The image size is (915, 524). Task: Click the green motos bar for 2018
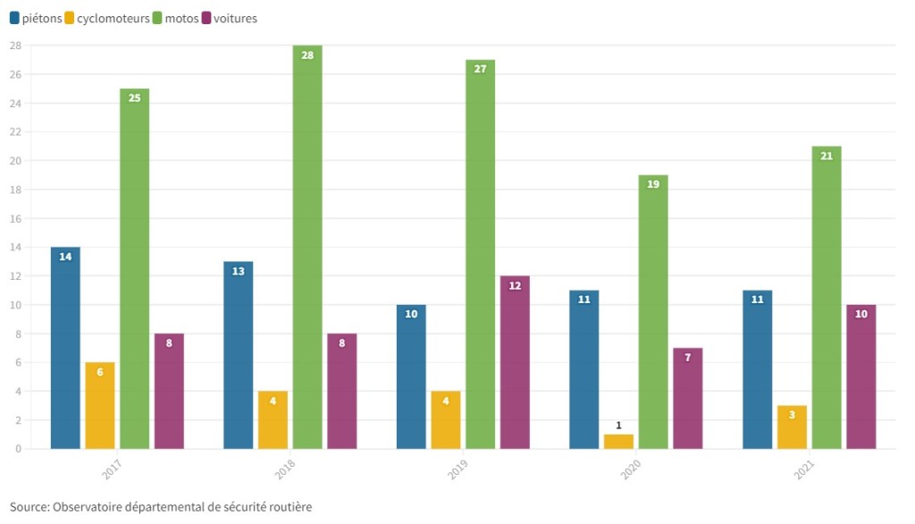pos(307,247)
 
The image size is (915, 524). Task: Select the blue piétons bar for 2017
pos(65,348)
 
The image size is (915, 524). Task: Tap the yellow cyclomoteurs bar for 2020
pos(618,442)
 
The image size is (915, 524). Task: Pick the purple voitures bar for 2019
pos(515,362)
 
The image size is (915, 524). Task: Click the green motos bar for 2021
pos(827,298)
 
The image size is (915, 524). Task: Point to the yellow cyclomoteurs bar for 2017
pos(100,405)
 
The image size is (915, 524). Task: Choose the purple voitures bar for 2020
pos(688,398)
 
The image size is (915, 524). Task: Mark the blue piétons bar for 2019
pos(411,376)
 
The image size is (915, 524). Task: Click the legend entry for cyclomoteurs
pos(113,18)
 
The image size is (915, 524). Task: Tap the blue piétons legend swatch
pos(14,18)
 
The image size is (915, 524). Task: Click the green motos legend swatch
pos(158,18)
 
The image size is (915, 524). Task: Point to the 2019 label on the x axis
pos(458,470)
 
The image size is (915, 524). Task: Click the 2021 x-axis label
pos(805,470)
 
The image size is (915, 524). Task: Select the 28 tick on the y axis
pos(15,46)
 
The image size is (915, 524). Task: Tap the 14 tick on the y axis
pos(15,247)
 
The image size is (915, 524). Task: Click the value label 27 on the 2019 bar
pos(480,69)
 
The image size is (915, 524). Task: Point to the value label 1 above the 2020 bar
pos(618,426)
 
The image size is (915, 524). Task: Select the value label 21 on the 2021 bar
pos(827,156)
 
